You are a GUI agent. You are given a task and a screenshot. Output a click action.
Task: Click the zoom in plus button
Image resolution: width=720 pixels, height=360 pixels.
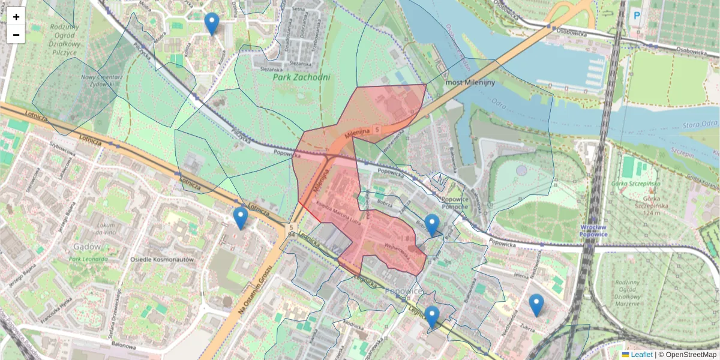pyautogui.click(x=16, y=17)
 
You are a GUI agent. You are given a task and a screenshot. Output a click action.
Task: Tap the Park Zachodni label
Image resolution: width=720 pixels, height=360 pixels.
pyautogui.click(x=301, y=77)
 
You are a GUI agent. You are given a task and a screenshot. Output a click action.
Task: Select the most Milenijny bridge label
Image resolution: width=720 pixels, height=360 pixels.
pyautogui.click(x=471, y=82)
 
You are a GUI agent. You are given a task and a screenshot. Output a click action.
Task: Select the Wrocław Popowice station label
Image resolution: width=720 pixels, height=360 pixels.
pyautogui.click(x=594, y=230)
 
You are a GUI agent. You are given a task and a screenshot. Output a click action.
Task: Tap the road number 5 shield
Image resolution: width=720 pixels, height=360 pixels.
pyautogui.click(x=376, y=129)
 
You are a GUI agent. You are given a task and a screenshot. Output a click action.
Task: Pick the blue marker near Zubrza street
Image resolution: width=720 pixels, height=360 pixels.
pyautogui.click(x=536, y=305)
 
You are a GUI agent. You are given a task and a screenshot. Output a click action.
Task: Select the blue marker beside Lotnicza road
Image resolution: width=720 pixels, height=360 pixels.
pyautogui.click(x=241, y=218)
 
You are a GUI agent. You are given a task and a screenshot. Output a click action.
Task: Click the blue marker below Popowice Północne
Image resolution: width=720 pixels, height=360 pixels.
pyautogui.click(x=431, y=225)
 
